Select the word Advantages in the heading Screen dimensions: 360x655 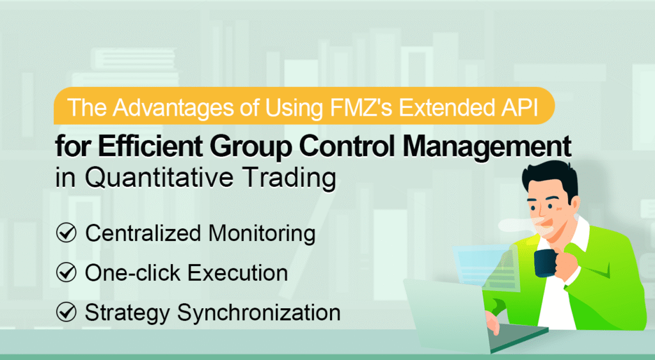point(162,106)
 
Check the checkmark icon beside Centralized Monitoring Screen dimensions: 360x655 point(67,234)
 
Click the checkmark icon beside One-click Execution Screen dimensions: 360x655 point(67,274)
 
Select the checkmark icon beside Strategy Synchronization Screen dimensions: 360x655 point(67,313)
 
